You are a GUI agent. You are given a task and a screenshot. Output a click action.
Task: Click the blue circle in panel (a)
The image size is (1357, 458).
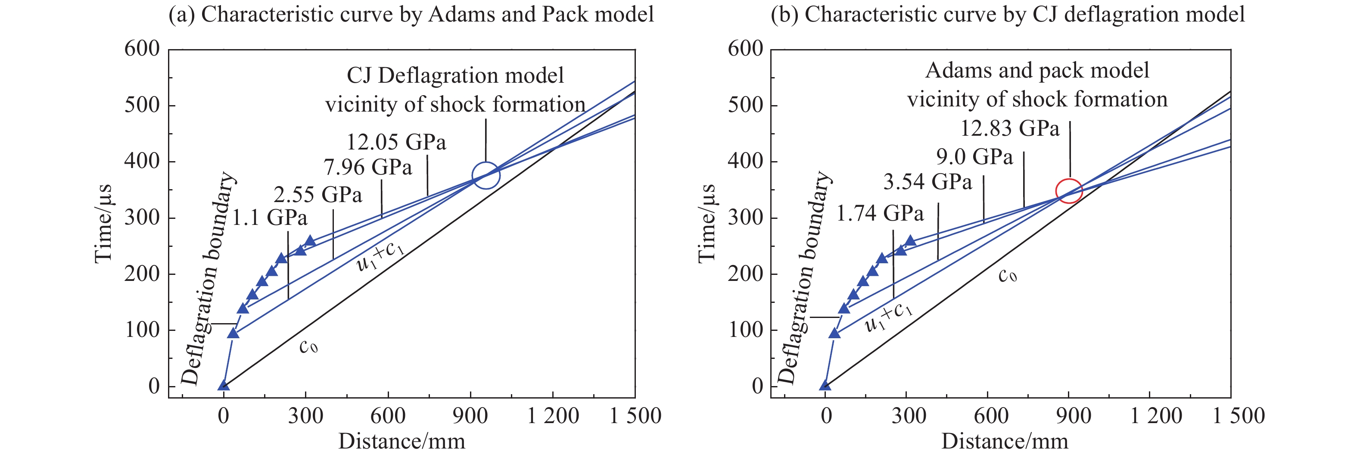[486, 175]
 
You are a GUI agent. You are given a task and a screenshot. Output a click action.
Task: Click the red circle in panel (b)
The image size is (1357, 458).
[1069, 191]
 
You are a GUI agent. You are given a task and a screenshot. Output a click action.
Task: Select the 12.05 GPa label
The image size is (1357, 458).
[396, 142]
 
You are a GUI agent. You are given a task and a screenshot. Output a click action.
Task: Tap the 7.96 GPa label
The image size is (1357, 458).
[368, 168]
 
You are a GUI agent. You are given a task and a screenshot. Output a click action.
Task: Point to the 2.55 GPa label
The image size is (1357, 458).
[317, 195]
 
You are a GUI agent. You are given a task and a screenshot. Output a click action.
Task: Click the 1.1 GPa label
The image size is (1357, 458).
[270, 218]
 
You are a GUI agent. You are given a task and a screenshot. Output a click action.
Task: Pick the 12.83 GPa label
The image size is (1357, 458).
[1010, 128]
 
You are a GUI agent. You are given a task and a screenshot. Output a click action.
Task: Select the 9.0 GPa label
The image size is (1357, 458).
[974, 157]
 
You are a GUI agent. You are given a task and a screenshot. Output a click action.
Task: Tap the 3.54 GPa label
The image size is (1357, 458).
[927, 182]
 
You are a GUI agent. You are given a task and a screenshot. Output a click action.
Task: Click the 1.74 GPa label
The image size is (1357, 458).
[880, 213]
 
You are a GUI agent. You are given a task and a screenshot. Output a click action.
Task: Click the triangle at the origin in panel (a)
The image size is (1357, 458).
[223, 385]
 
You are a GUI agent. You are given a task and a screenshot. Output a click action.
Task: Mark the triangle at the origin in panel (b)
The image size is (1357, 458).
[825, 385]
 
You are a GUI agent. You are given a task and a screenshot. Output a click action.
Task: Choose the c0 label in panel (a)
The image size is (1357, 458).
[308, 346]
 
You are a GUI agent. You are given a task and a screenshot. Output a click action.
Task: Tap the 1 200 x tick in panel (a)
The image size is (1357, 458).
[553, 416]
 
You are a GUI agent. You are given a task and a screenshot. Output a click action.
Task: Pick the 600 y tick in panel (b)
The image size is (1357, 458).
[745, 49]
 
